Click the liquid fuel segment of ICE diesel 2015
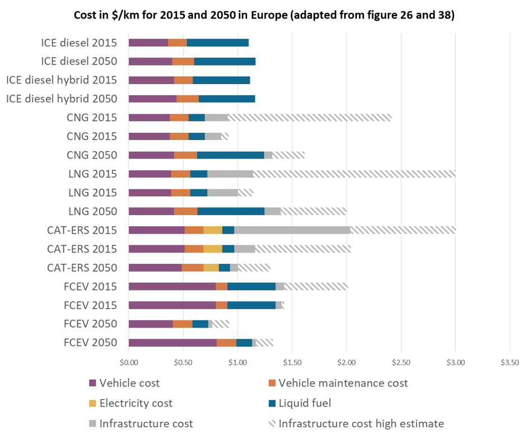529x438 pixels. click(217, 43)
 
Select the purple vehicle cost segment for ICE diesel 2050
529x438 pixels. click(150, 62)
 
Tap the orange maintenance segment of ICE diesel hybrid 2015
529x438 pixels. click(183, 80)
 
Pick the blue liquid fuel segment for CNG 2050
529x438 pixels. click(230, 155)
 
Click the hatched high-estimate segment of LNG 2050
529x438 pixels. click(313, 211)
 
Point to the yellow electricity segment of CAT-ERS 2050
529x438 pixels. click(210, 268)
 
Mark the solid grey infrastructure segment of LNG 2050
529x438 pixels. click(272, 211)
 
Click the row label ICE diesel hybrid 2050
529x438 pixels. click(62, 99)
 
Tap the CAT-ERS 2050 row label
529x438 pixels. click(83, 267)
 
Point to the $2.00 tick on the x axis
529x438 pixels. click(347, 362)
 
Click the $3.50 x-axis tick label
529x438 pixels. click(509, 362)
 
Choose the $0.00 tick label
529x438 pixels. click(129, 362)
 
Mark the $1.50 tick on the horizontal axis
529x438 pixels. click(292, 362)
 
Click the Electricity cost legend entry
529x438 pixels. click(135, 403)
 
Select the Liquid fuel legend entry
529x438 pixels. click(307, 403)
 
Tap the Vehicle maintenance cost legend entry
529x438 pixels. click(343, 383)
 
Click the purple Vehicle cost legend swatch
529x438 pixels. click(93, 384)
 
